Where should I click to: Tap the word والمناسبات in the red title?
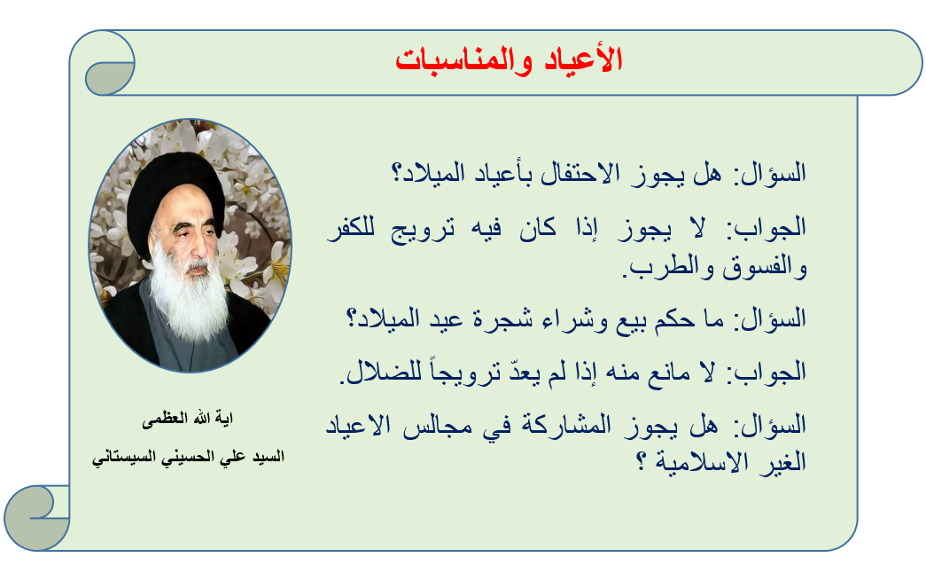tap(464, 61)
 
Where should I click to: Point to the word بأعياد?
tap(498, 174)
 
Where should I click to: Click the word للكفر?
tap(351, 228)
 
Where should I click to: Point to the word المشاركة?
tap(565, 426)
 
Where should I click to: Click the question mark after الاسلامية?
tap(640, 462)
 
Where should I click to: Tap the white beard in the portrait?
tap(188, 295)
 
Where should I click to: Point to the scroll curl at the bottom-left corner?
tap(36, 517)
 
